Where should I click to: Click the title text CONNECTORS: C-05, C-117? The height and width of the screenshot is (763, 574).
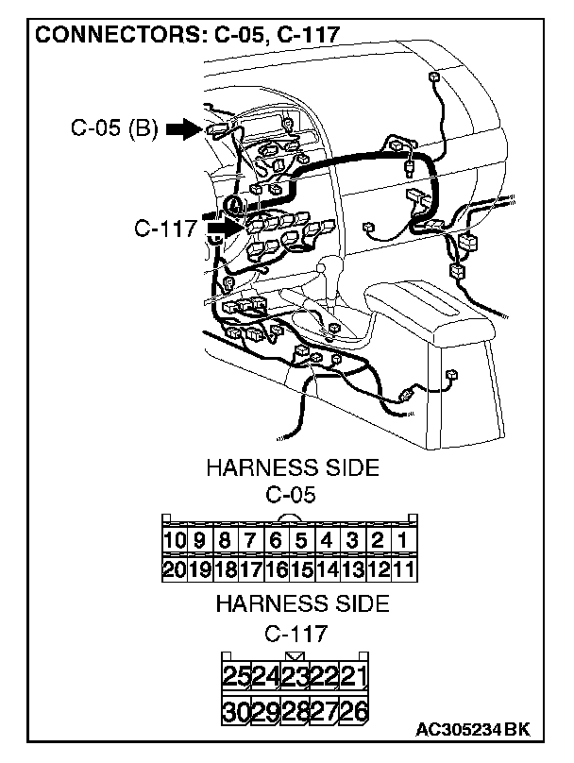[187, 36]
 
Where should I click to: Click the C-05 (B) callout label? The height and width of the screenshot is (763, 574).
[114, 128]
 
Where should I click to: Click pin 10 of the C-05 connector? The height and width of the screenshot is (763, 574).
[174, 541]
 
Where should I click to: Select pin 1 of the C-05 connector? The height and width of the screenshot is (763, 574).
[402, 541]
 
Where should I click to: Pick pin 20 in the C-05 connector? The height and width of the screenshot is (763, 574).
[174, 568]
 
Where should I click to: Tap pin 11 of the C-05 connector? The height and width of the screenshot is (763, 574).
[402, 568]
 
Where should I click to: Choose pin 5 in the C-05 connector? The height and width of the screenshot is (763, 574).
[300, 541]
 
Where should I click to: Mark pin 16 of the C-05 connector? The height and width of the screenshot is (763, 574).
[275, 568]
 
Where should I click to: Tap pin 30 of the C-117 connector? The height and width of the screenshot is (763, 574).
[236, 711]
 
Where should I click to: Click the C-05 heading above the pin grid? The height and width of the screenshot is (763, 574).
[291, 494]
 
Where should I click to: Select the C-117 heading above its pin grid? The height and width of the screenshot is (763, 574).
[295, 632]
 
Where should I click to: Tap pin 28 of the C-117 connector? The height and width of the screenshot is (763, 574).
[295, 711]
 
